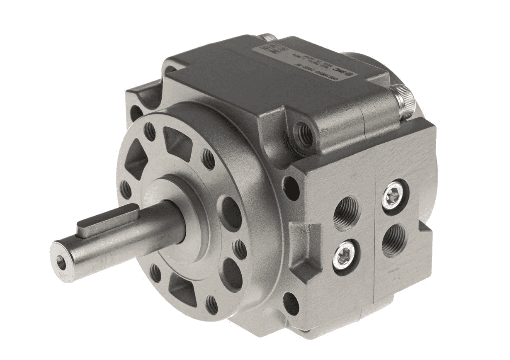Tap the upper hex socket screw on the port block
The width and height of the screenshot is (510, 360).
point(392,194)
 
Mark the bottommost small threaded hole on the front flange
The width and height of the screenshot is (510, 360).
point(212,304)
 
